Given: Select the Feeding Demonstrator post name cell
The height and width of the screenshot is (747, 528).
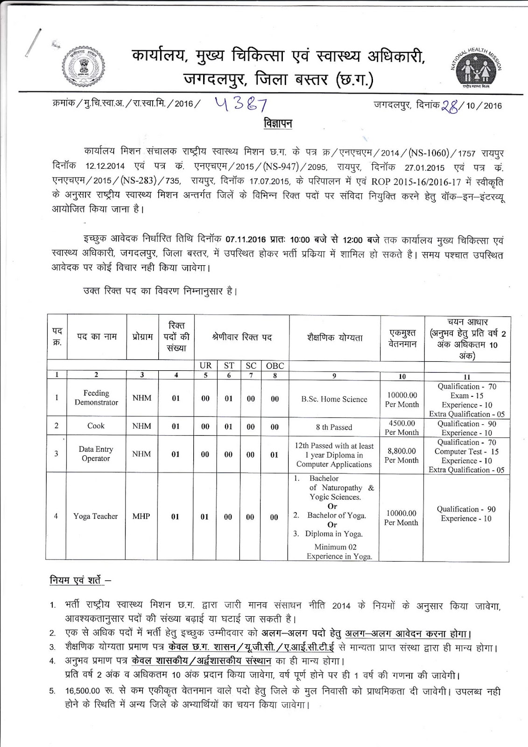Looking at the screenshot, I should click(x=96, y=398).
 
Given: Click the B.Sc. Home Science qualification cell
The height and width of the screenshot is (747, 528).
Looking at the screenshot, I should click(x=334, y=399).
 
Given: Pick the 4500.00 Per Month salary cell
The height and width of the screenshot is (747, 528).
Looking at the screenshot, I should click(x=401, y=427).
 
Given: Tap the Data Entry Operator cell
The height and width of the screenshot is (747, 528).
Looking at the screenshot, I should click(x=96, y=454).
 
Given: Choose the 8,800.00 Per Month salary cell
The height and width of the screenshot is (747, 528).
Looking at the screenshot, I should click(x=401, y=455).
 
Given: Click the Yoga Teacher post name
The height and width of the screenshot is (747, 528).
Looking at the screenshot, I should click(x=95, y=516).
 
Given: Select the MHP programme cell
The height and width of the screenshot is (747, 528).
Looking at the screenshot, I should click(x=141, y=516).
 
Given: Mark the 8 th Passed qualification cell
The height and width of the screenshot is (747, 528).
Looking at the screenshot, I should click(x=334, y=427).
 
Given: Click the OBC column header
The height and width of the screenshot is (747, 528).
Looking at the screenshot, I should click(x=275, y=366).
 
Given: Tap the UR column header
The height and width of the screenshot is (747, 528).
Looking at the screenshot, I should click(x=205, y=366).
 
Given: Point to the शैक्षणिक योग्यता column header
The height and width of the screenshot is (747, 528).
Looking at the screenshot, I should click(x=335, y=337).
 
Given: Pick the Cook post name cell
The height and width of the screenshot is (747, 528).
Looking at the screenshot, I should click(x=96, y=426).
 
